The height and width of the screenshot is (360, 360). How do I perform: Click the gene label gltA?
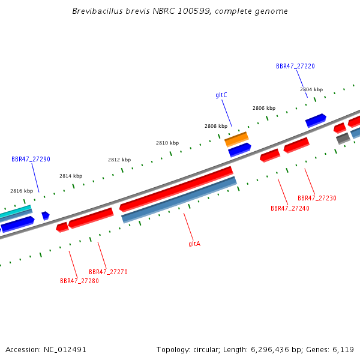tap(194, 244)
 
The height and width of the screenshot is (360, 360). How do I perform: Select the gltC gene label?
tap(221, 95)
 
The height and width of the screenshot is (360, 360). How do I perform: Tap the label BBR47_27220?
tap(295, 66)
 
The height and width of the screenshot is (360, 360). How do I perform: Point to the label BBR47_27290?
tap(31, 159)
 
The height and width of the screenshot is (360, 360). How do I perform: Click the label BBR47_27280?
tap(79, 281)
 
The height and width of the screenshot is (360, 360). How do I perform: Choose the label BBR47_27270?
tap(108, 272)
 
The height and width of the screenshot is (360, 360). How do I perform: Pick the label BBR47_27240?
tap(290, 208)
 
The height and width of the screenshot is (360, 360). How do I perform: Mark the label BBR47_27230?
tap(317, 198)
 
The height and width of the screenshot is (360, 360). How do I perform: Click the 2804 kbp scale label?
tap(311, 89)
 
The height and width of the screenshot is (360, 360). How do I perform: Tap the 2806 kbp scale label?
tap(264, 108)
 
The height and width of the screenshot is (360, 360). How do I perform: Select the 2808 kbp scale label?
tap(216, 126)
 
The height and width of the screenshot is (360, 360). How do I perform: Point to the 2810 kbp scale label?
tap(167, 143)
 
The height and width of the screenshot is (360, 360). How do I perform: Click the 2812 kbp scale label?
tap(119, 160)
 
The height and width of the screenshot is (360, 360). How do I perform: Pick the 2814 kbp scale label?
tap(71, 176)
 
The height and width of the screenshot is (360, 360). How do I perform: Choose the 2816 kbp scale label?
tap(22, 191)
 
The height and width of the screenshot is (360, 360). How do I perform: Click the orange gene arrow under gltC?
tap(236, 139)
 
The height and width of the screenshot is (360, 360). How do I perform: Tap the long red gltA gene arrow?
tap(176, 189)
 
